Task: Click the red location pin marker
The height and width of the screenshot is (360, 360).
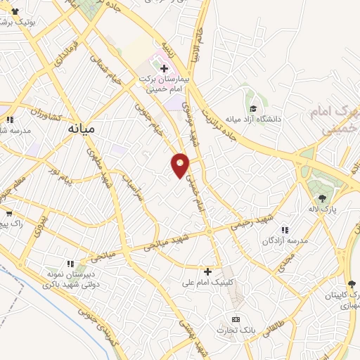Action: click(x=181, y=165)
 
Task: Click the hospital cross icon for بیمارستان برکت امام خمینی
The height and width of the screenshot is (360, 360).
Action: click(x=164, y=68)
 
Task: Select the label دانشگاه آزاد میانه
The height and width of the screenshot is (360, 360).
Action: click(x=252, y=119)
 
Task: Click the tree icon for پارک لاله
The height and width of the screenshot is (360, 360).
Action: click(x=323, y=199)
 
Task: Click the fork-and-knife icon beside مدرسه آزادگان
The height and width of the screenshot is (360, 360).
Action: click(x=285, y=230)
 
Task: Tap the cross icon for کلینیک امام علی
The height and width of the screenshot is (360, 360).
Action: click(x=207, y=271)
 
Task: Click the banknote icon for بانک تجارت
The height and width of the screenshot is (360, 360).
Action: click(x=235, y=319)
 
